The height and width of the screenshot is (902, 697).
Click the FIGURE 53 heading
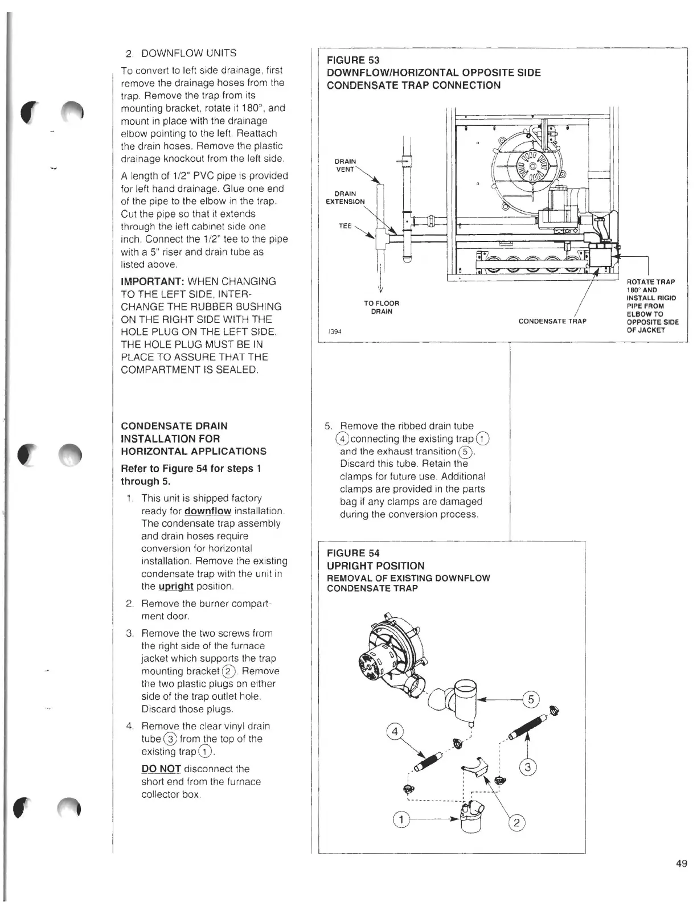click(x=353, y=60)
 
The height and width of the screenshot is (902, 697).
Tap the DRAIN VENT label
click(x=345, y=165)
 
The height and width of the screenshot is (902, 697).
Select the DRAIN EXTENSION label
click(x=345, y=198)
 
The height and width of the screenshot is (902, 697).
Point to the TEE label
click(x=345, y=226)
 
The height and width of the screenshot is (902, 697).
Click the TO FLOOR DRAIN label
click(x=381, y=307)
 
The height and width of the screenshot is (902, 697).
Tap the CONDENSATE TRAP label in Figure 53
click(x=552, y=321)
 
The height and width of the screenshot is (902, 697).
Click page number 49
click(x=681, y=864)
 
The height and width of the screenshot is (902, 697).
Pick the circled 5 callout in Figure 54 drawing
click(x=531, y=700)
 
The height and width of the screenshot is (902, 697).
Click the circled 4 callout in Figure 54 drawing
click(x=394, y=732)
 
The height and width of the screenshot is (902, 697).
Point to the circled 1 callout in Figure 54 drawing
click(x=401, y=820)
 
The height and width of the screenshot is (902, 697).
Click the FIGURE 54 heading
click(x=353, y=553)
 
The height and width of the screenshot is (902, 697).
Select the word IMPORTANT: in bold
click(x=150, y=282)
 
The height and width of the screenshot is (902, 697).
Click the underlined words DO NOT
click(x=161, y=769)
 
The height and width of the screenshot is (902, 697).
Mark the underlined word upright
click(x=176, y=587)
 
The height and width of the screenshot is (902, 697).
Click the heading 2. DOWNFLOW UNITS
click(x=181, y=54)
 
